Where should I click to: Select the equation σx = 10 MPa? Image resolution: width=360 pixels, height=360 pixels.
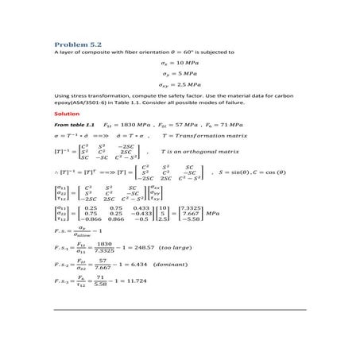click(x=180, y=62)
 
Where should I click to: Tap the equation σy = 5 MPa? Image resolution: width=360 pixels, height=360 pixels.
click(x=178, y=72)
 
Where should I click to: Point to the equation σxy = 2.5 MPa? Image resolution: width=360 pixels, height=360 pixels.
click(x=179, y=83)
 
